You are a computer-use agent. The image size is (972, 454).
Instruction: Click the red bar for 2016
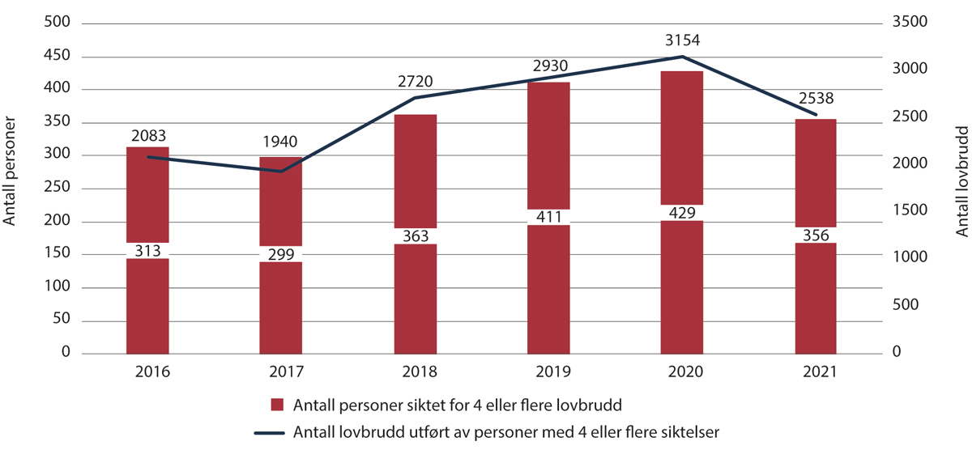(x=147, y=308)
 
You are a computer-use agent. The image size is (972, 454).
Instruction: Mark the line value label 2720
(x=415, y=81)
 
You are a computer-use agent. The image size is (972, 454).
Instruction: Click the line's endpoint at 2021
(x=815, y=115)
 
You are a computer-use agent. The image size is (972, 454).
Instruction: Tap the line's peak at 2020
(x=681, y=57)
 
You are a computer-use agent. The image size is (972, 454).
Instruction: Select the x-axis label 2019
(x=548, y=373)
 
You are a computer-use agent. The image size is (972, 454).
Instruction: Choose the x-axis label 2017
(x=280, y=373)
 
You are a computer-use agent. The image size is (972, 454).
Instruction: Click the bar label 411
(x=548, y=217)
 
